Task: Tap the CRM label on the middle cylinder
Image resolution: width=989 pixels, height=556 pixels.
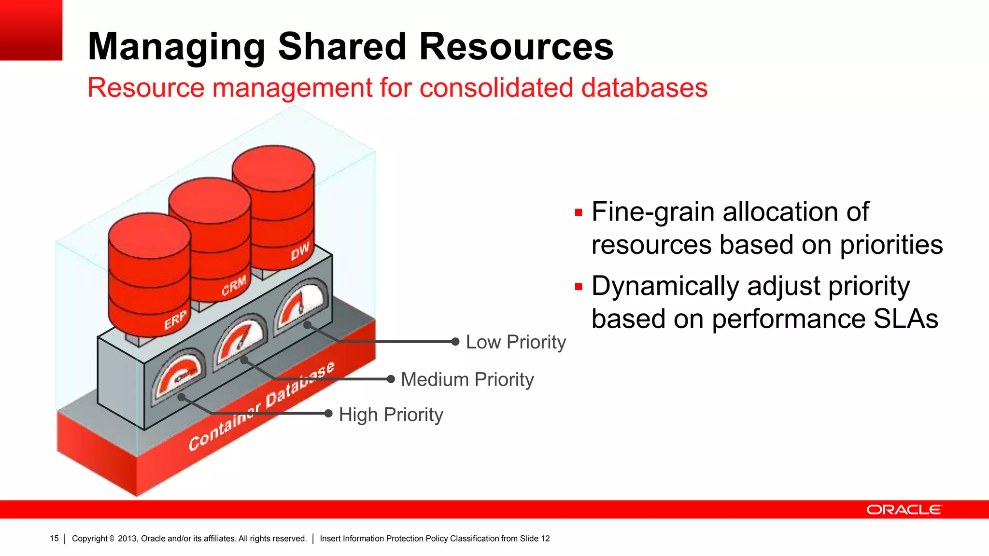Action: click(x=234, y=285)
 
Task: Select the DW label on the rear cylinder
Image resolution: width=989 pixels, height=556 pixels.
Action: click(x=300, y=251)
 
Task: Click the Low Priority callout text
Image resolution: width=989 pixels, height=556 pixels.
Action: click(x=515, y=342)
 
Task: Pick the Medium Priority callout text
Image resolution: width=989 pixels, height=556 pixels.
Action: click(x=467, y=380)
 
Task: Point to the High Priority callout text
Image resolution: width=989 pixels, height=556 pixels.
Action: click(x=391, y=415)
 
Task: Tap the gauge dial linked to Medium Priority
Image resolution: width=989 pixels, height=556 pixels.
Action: click(x=240, y=340)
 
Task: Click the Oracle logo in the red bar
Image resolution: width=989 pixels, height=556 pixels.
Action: click(x=904, y=510)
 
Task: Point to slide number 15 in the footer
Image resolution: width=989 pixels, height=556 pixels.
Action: click(x=54, y=539)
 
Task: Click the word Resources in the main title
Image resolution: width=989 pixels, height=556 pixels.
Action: click(x=516, y=47)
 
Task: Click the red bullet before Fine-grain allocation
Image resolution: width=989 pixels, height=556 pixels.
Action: click(x=579, y=213)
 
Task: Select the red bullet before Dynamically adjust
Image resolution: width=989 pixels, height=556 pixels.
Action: click(x=579, y=287)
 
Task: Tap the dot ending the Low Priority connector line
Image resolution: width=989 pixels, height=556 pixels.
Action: click(x=455, y=342)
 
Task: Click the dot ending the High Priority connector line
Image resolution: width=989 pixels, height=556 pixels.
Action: click(x=328, y=414)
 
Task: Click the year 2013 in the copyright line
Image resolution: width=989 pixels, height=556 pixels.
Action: click(x=127, y=539)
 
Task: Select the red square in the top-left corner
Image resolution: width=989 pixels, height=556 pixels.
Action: click(x=31, y=30)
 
